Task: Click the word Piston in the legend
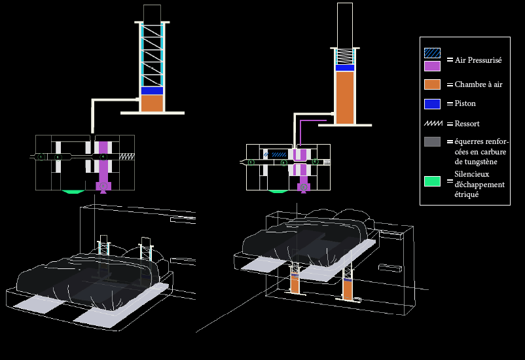coord(465,103)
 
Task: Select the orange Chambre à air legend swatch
coord(432,84)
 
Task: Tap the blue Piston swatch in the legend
coord(432,104)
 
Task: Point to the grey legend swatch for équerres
coord(432,141)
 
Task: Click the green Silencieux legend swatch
coord(432,181)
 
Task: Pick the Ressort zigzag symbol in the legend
coord(433,124)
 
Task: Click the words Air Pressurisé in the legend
coord(478,60)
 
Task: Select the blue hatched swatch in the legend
coord(432,53)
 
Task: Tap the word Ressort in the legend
coord(467,124)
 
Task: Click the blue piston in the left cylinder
coord(152,91)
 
